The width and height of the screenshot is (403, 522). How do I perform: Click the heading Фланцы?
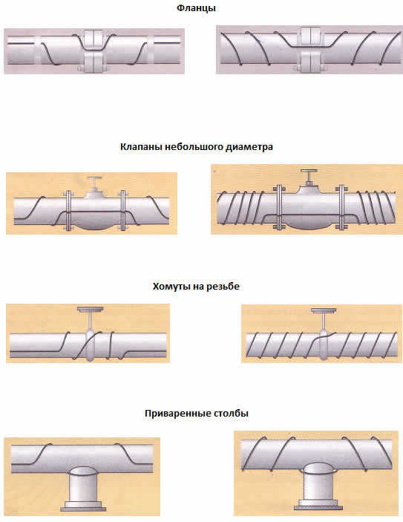pyautogui.click(x=196, y=8)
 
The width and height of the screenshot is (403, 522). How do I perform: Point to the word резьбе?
pyautogui.click(x=223, y=287)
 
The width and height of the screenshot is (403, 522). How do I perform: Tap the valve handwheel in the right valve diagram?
pyautogui.click(x=309, y=171)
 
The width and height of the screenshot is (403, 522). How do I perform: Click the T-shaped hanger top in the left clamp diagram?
pyautogui.click(x=90, y=310)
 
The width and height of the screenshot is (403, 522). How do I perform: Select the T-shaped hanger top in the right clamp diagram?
pyautogui.click(x=324, y=311)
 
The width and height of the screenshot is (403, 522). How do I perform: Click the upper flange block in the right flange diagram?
pyautogui.click(x=310, y=36)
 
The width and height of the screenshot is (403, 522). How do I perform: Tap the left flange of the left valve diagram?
pyautogui.click(x=68, y=211)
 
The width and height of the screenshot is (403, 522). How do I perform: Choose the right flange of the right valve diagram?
pyautogui.click(x=341, y=207)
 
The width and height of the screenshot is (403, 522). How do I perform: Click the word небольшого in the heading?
pyautogui.click(x=194, y=147)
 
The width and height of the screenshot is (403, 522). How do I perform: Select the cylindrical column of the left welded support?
pyautogui.click(x=83, y=483)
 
